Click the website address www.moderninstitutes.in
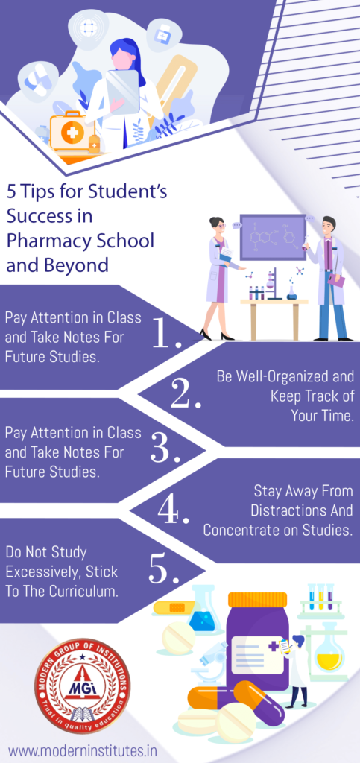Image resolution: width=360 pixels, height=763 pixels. (x=82, y=750)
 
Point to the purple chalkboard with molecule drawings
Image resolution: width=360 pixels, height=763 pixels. (x=273, y=237)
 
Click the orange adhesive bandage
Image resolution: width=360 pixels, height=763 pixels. (x=174, y=608)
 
